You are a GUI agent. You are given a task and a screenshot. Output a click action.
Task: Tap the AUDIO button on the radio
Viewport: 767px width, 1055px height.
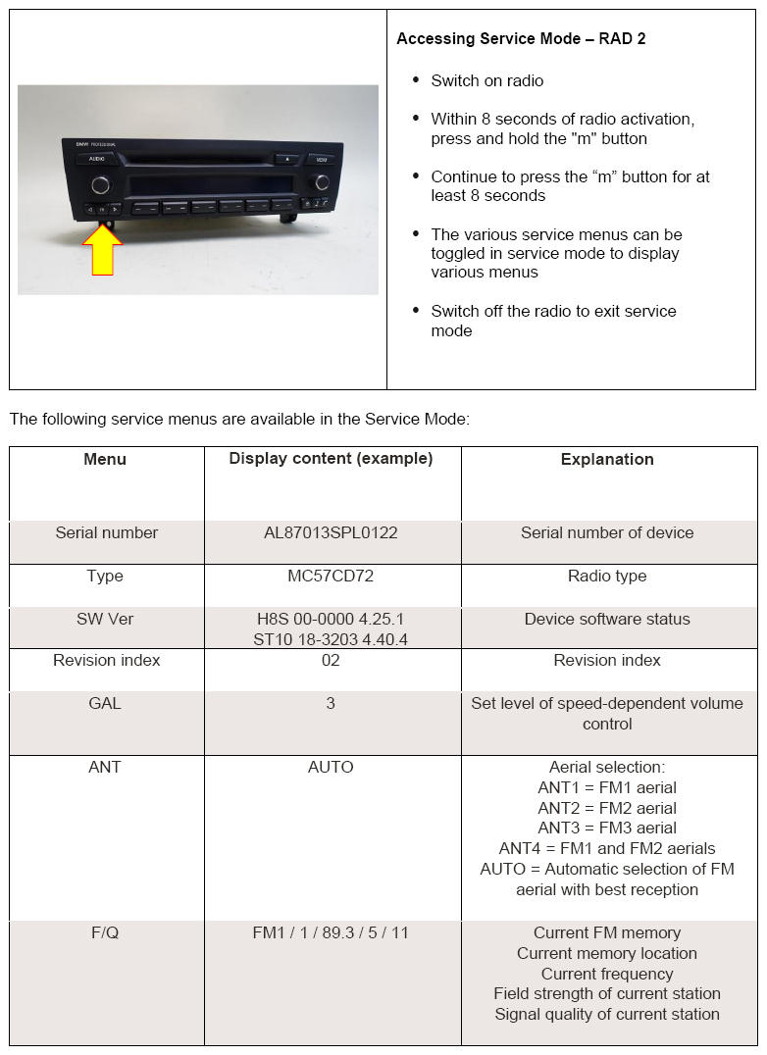[x=96, y=159]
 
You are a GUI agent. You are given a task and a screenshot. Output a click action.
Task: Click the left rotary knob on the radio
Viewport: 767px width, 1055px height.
[x=100, y=184]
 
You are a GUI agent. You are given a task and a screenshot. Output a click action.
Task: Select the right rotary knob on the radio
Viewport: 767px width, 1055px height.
[x=322, y=182]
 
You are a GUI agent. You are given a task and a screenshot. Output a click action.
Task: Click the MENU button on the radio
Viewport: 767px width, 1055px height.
[x=320, y=158]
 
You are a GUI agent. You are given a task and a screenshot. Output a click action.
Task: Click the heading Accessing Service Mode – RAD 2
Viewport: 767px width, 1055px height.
[x=521, y=39]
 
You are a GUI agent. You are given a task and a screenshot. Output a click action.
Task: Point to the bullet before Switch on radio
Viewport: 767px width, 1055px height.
[x=417, y=80]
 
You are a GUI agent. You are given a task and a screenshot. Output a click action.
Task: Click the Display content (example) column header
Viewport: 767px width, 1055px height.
[x=331, y=459]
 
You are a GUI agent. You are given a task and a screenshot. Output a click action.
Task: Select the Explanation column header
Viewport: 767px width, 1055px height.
[x=607, y=459]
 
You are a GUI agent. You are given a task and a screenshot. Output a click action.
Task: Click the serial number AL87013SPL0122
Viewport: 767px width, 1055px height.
[x=331, y=532]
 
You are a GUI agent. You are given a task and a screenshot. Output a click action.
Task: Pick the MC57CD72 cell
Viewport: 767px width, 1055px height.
[x=331, y=576]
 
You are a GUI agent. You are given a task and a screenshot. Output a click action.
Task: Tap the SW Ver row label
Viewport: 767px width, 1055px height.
[x=105, y=619]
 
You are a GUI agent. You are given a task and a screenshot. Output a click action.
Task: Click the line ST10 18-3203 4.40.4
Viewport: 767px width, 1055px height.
[x=331, y=639]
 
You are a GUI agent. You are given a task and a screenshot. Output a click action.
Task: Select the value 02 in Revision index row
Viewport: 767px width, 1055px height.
[x=331, y=660]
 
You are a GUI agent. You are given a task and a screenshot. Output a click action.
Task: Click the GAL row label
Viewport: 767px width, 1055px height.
[x=105, y=703]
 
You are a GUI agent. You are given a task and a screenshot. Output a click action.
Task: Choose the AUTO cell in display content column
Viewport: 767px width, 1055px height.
[x=331, y=767]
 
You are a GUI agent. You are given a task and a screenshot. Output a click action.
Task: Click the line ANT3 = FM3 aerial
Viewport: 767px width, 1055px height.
[x=607, y=829]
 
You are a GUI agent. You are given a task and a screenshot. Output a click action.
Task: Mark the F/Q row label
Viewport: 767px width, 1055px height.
[x=105, y=932]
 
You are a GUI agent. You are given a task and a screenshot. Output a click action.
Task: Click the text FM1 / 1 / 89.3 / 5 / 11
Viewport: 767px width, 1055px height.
[x=331, y=932]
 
